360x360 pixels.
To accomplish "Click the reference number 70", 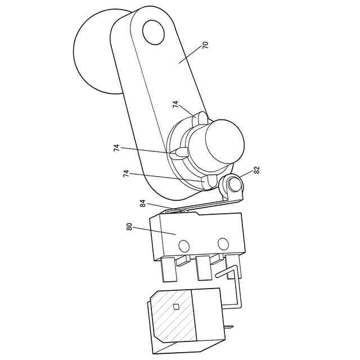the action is (205, 45).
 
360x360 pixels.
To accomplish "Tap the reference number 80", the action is (129, 228).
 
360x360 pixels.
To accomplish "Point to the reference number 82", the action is (257, 169).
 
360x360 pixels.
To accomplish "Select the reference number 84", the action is (143, 203).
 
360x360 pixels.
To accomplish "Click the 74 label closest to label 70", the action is (175, 105).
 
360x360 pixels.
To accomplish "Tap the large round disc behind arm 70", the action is (93, 53).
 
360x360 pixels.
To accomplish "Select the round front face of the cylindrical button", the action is (225, 141).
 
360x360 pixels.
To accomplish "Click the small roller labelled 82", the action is (233, 184).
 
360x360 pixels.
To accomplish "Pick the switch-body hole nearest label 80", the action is (183, 245).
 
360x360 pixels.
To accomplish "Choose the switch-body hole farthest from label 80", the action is (223, 244).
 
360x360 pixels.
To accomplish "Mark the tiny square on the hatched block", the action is (175, 307).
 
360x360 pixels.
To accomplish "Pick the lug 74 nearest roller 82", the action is (209, 181).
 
